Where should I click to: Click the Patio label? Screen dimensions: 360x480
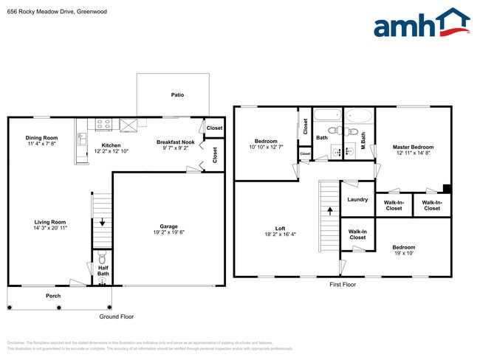coord(177,95)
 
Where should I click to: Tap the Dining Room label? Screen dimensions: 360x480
coord(41,138)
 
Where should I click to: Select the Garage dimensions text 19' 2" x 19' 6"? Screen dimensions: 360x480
coord(168,233)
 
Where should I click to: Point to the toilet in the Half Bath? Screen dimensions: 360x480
coord(103,258)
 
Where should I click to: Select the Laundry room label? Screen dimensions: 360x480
coord(357,199)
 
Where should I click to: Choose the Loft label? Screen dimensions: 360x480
coord(281,229)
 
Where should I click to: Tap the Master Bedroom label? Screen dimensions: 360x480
coord(413,148)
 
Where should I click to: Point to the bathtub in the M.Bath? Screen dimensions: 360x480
coord(360,116)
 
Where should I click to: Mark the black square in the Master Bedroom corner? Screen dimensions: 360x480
coord(446,188)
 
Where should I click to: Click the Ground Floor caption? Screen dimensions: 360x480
coord(117,316)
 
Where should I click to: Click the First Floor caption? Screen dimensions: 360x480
coord(342,284)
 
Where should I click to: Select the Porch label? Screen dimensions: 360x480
coord(53,296)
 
